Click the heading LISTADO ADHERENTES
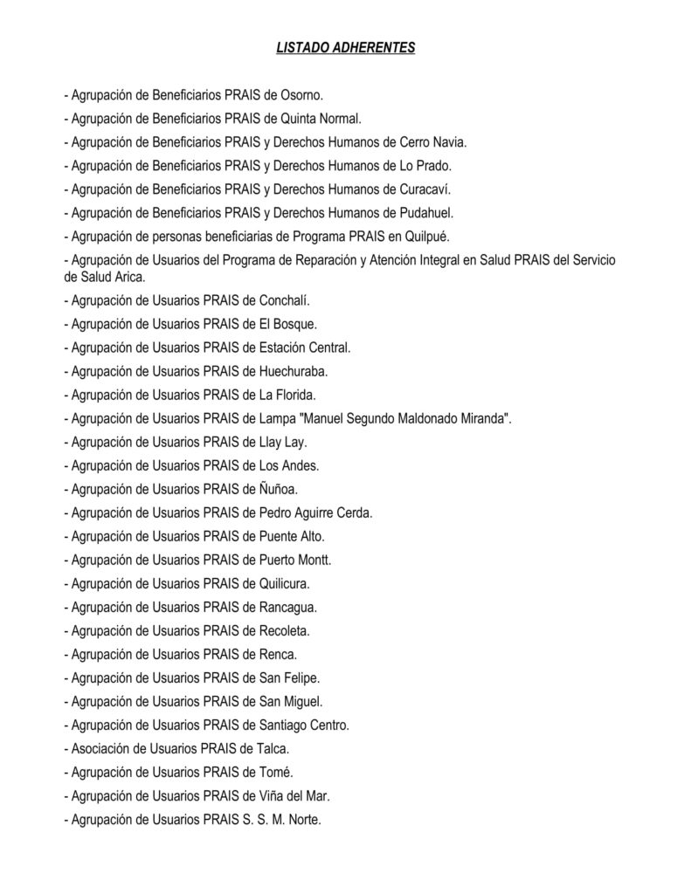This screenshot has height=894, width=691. (x=345, y=48)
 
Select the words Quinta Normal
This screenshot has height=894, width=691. (x=316, y=118)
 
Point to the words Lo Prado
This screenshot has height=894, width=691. (x=425, y=165)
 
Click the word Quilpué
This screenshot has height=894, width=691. (x=425, y=236)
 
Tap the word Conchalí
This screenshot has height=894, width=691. (x=285, y=300)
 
